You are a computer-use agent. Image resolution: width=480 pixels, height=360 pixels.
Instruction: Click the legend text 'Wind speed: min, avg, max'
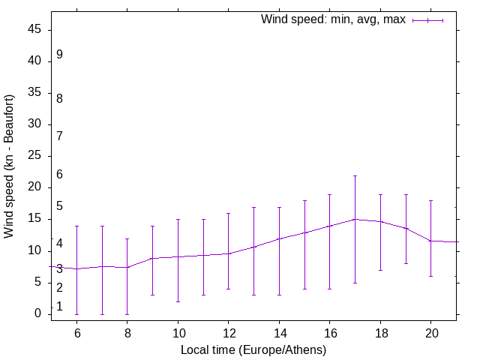coord(333,19)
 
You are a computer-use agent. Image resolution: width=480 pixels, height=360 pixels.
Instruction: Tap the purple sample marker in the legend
coord(428,20)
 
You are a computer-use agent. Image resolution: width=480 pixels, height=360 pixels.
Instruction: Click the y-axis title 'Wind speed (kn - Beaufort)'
coord(10,166)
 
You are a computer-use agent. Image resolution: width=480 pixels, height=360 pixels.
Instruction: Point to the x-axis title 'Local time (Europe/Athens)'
coord(253,349)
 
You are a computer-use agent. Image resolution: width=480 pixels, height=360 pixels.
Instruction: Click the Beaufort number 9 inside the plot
coord(59,55)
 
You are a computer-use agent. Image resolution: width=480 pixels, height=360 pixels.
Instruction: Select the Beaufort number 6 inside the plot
coord(59,175)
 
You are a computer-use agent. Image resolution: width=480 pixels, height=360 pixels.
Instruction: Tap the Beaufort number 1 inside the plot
coord(59,307)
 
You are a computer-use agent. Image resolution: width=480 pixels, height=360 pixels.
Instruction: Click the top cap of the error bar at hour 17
coord(355,175)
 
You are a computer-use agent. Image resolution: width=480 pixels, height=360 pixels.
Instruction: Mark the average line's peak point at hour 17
coord(355,219)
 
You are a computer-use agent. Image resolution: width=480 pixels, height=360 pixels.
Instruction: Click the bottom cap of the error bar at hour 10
coord(178,301)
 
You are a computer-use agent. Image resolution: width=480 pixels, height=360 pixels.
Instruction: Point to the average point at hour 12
coord(228,253)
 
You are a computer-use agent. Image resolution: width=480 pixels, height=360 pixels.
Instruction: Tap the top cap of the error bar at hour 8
coord(127,238)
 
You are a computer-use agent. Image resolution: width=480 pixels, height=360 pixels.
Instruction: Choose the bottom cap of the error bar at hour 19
coord(406,263)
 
